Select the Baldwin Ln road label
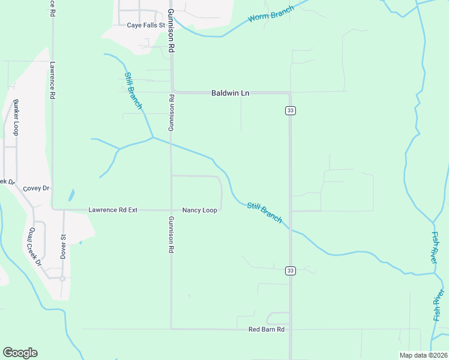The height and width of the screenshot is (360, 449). click(230, 93)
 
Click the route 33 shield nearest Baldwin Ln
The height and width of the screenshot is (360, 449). click(290, 110)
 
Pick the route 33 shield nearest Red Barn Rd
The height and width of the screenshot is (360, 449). click(290, 271)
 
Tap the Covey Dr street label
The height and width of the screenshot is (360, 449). click(35, 188)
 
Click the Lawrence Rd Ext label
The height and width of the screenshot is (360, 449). click(113, 210)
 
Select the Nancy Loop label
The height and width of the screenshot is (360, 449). click(200, 211)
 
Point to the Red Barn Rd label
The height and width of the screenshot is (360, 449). click(266, 330)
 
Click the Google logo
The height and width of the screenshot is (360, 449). click(20, 353)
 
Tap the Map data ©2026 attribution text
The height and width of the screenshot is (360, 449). click(423, 355)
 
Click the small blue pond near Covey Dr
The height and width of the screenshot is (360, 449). click(72, 195)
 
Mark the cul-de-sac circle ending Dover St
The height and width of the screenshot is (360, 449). click(62, 278)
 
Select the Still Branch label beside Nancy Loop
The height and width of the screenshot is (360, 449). click(264, 213)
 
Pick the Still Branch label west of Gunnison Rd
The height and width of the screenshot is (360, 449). click(133, 91)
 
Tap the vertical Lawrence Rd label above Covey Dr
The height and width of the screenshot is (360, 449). click(53, 80)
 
